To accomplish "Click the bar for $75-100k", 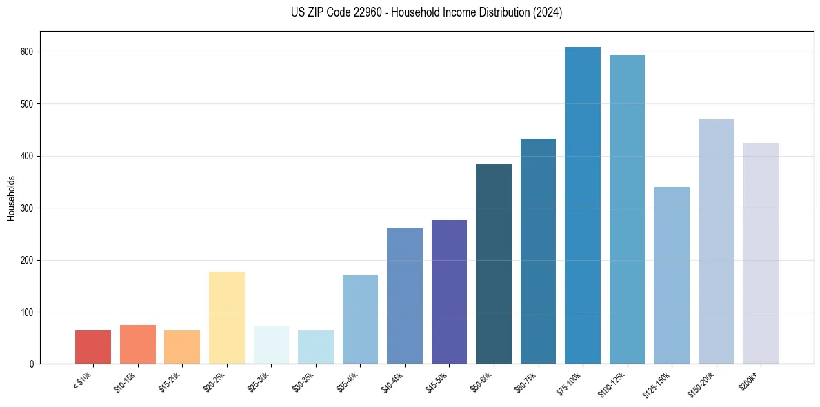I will [583, 207].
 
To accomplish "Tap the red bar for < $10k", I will [93, 347].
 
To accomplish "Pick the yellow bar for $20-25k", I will [227, 317].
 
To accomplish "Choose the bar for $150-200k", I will [716, 241].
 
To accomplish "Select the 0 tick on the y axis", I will [32, 364].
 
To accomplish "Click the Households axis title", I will [11, 198].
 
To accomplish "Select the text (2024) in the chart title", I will [549, 12].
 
